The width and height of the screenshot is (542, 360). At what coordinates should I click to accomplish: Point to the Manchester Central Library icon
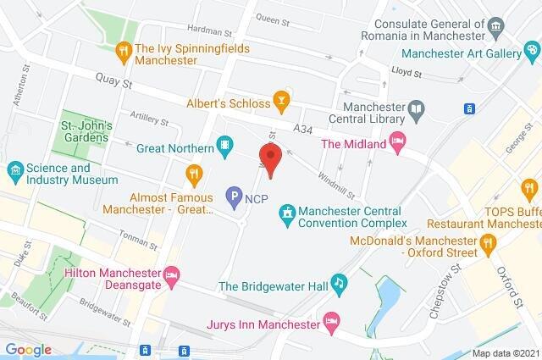416,108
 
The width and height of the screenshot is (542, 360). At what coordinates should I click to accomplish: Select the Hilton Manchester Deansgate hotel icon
172,274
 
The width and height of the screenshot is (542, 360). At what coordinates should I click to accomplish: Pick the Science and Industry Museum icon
14,171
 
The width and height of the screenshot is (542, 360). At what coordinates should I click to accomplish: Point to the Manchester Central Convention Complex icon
289,210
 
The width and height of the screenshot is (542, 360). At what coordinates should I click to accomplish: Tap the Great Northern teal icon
224,146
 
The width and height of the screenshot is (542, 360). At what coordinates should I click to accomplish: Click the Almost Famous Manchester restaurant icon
195,174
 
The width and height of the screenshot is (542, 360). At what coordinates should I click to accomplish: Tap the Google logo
29,348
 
